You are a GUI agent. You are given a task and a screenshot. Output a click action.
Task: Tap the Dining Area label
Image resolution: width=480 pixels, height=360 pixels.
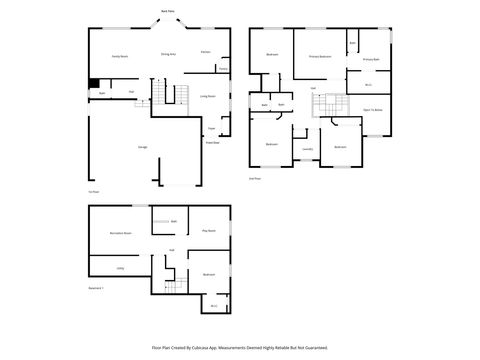pos(168,55)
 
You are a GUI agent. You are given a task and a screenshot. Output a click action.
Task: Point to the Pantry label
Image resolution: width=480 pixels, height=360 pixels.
pos(222,69)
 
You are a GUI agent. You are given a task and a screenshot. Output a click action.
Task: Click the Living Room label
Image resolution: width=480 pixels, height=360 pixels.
pos(208,96)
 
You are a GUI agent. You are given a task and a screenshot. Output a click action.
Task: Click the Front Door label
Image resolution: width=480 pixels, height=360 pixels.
pos(213,143)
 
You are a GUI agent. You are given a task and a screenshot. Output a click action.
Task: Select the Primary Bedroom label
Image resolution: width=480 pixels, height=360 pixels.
pos(320,57)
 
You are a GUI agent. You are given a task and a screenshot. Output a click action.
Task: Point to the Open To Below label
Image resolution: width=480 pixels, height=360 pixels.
pos(372,108)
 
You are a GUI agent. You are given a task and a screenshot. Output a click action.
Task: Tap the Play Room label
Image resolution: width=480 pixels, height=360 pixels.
pos(209,231)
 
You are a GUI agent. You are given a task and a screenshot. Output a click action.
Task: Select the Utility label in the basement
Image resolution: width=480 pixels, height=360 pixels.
pos(120,268)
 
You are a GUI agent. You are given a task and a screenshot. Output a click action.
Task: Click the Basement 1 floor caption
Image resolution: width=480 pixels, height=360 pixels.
pos(97,287)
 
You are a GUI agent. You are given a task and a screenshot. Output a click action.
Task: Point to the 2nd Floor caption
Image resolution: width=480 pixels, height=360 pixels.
pos(255,178)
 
